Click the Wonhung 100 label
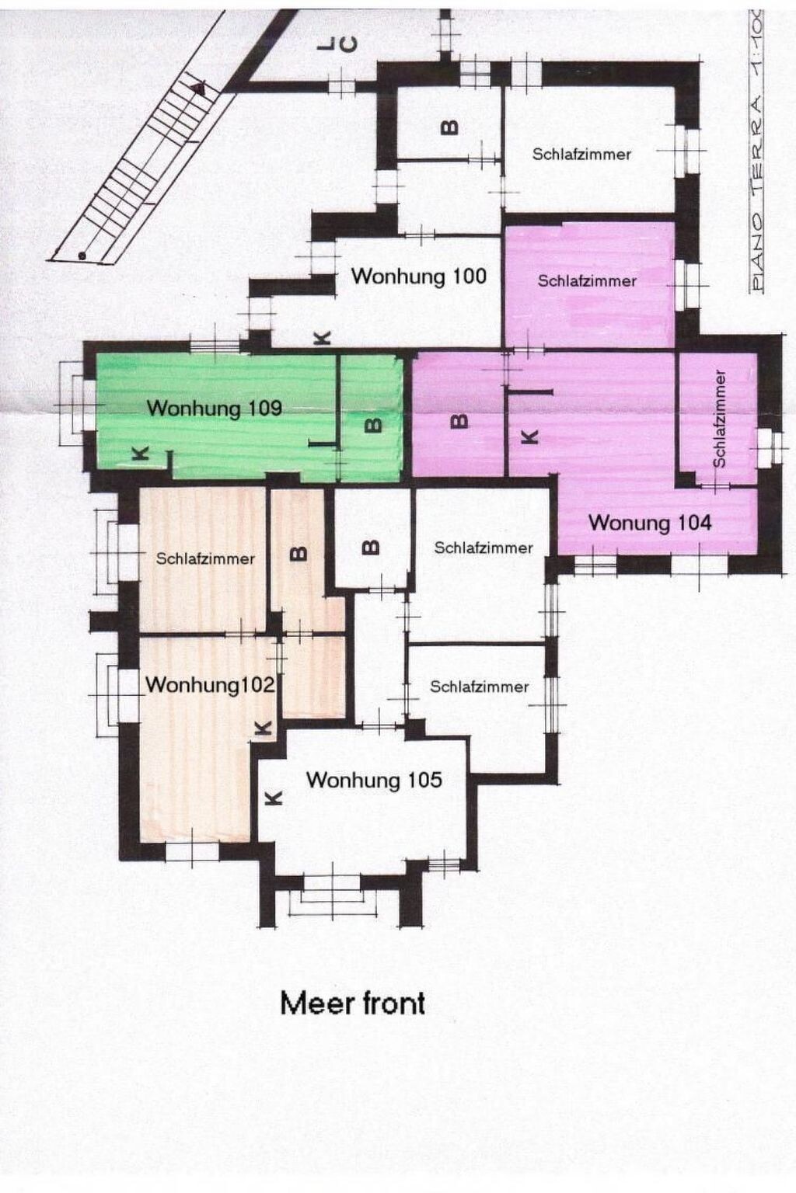[x=418, y=277]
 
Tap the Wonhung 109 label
[x=215, y=409]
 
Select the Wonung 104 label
[x=650, y=523]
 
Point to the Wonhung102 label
[x=210, y=685]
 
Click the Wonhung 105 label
[x=374, y=781]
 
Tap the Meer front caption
[x=352, y=1004]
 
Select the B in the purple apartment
[x=459, y=421]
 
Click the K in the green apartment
[x=140, y=454]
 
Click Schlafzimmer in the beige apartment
[x=205, y=559]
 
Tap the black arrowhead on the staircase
[x=200, y=88]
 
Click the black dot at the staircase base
[x=82, y=256]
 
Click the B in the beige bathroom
[x=300, y=554]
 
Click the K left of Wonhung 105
[x=274, y=798]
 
